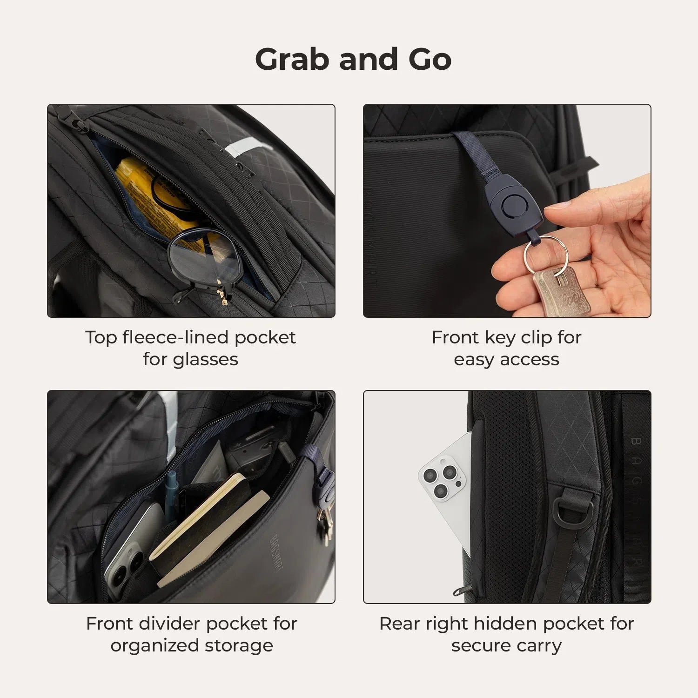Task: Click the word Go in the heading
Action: tap(430, 60)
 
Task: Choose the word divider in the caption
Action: tap(177, 624)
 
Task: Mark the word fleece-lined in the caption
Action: tap(176, 338)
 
